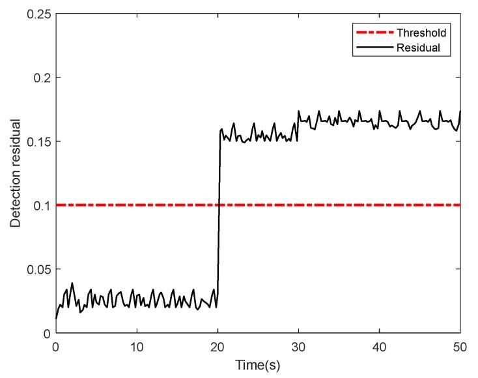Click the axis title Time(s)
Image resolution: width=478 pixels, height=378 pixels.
click(x=258, y=366)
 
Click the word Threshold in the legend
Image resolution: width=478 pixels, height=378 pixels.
click(x=427, y=31)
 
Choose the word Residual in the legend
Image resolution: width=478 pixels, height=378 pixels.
click(x=425, y=47)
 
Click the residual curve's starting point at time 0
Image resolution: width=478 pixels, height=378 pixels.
click(x=56, y=319)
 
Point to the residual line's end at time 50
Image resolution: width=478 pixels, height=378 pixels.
click(x=460, y=112)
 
